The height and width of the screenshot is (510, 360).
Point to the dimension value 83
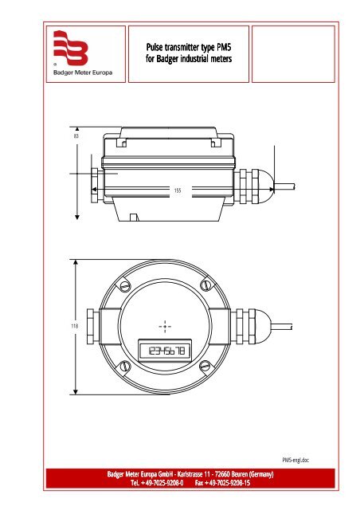(x=65, y=137)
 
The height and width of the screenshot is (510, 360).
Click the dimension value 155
(x=178, y=190)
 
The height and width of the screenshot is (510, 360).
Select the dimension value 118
(x=65, y=326)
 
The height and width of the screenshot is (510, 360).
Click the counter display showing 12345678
(x=164, y=351)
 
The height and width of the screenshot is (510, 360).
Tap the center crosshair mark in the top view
(x=164, y=326)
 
